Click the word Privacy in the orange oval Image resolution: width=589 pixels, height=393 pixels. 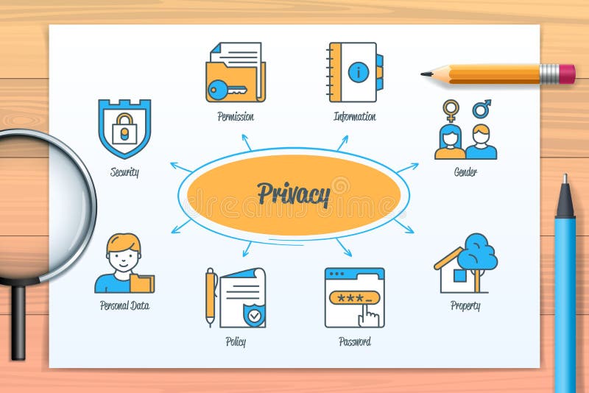pyautogui.click(x=293, y=195)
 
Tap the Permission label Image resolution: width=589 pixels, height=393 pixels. pyautogui.click(x=236, y=116)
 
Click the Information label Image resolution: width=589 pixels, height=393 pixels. pyautogui.click(x=354, y=116)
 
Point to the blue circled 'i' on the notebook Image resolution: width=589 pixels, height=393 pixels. pyautogui.click(x=358, y=72)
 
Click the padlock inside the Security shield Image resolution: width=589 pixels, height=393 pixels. pyautogui.click(x=124, y=130)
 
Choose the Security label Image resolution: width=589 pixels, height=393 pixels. pyautogui.click(x=124, y=172)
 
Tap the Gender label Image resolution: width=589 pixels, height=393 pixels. pyautogui.click(x=465, y=172)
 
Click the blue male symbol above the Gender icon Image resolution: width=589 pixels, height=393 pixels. pyautogui.click(x=482, y=109)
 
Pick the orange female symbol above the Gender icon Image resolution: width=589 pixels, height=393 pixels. pyautogui.click(x=450, y=110)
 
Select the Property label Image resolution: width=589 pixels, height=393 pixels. pyautogui.click(x=465, y=305)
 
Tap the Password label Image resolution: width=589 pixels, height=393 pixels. pyautogui.click(x=354, y=341)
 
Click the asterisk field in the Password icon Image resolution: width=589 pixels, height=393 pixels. pyautogui.click(x=354, y=297)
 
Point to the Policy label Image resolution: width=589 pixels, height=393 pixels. pyautogui.click(x=236, y=341)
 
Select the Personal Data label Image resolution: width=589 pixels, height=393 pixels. pyautogui.click(x=124, y=305)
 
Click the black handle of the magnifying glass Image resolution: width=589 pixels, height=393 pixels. pyautogui.click(x=17, y=320)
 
